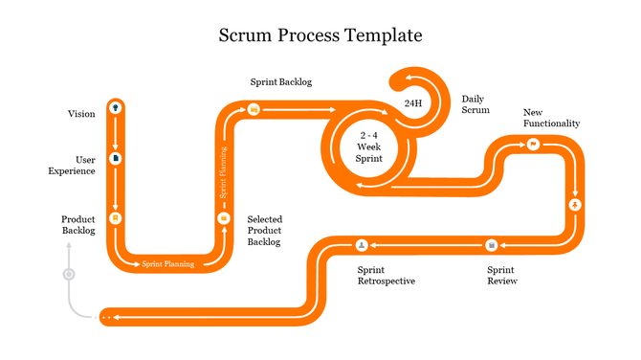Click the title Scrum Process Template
coord(320,35)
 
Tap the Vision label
coord(81,114)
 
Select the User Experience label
coord(72,165)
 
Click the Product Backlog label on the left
coord(78,225)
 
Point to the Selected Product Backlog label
coord(264,231)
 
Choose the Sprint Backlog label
coord(281,82)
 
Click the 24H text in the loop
coord(413,102)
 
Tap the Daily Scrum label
coord(475,104)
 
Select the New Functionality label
coord(551,118)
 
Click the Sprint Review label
coord(502,276)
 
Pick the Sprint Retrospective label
coord(387,276)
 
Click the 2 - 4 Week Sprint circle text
coord(369,146)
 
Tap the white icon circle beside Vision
coord(116,106)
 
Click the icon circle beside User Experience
coord(116,158)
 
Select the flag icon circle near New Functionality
coord(533,144)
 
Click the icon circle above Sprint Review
coord(492,245)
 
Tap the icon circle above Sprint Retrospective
coord(362,245)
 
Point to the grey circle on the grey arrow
coord(68,274)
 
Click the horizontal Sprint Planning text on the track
coord(168,263)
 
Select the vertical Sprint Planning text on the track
coord(224,172)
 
